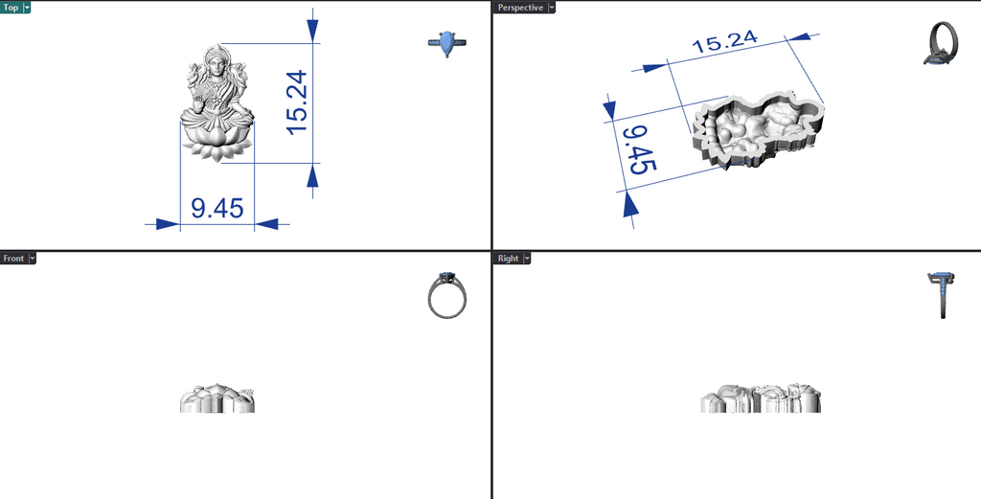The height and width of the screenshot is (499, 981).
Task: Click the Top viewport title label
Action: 11,8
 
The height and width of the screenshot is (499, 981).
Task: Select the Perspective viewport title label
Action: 520,8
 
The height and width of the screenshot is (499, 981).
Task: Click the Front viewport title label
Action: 13,259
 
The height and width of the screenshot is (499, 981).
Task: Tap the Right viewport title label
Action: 508,259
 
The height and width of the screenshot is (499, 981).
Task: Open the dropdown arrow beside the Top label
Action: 27,8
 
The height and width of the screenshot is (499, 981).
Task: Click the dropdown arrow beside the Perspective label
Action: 551,8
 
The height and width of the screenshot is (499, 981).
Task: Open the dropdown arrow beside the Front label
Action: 32,259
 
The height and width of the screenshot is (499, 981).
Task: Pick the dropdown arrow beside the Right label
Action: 527,259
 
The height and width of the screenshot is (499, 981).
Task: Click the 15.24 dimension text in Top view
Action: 297,102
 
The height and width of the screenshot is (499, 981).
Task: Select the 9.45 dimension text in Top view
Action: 217,208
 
